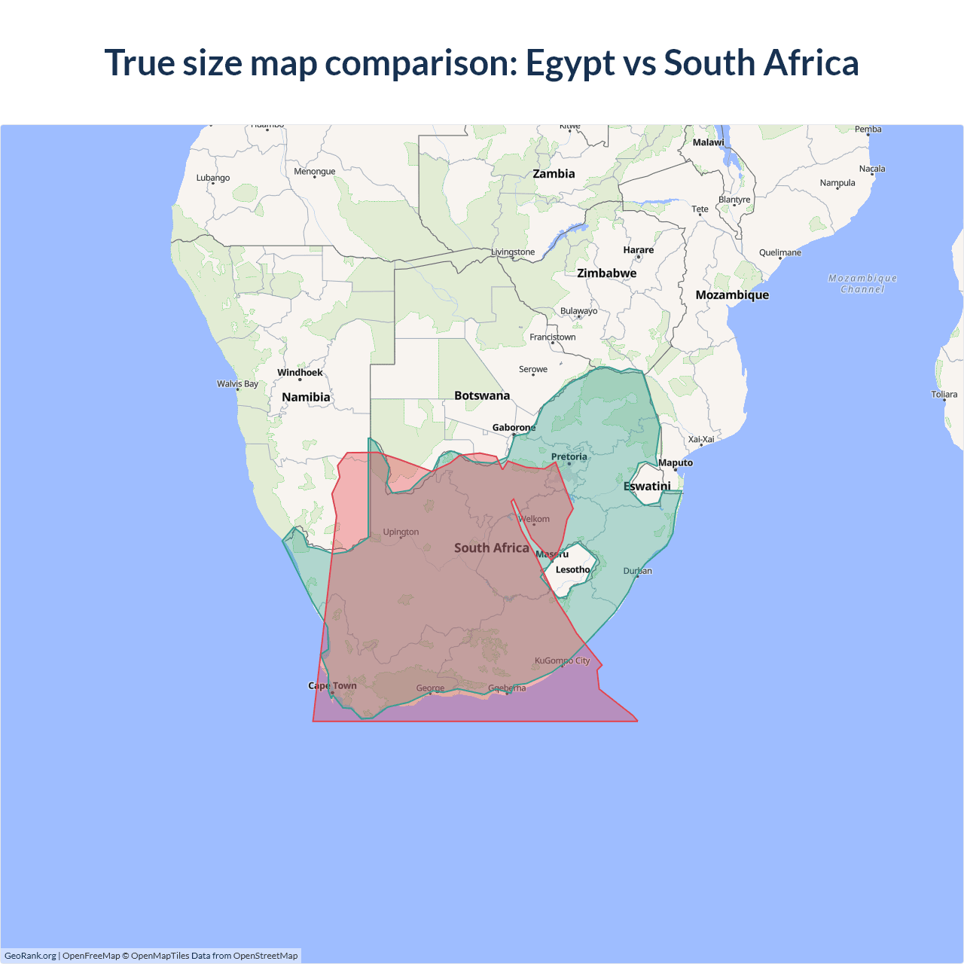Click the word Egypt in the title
click(569, 63)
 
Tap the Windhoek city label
click(300, 372)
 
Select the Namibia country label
click(306, 397)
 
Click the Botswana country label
click(482, 395)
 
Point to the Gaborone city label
click(514, 428)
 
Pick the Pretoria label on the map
click(569, 456)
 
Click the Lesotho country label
click(572, 569)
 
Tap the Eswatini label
click(647, 486)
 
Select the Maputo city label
click(675, 462)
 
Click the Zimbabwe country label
click(606, 273)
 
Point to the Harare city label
click(638, 250)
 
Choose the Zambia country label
click(554, 173)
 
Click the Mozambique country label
click(732, 294)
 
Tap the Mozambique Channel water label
click(862, 283)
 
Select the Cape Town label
click(332, 685)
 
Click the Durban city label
click(637, 571)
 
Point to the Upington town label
click(401, 532)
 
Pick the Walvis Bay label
click(237, 383)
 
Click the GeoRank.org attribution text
click(30, 956)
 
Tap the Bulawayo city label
click(578, 310)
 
